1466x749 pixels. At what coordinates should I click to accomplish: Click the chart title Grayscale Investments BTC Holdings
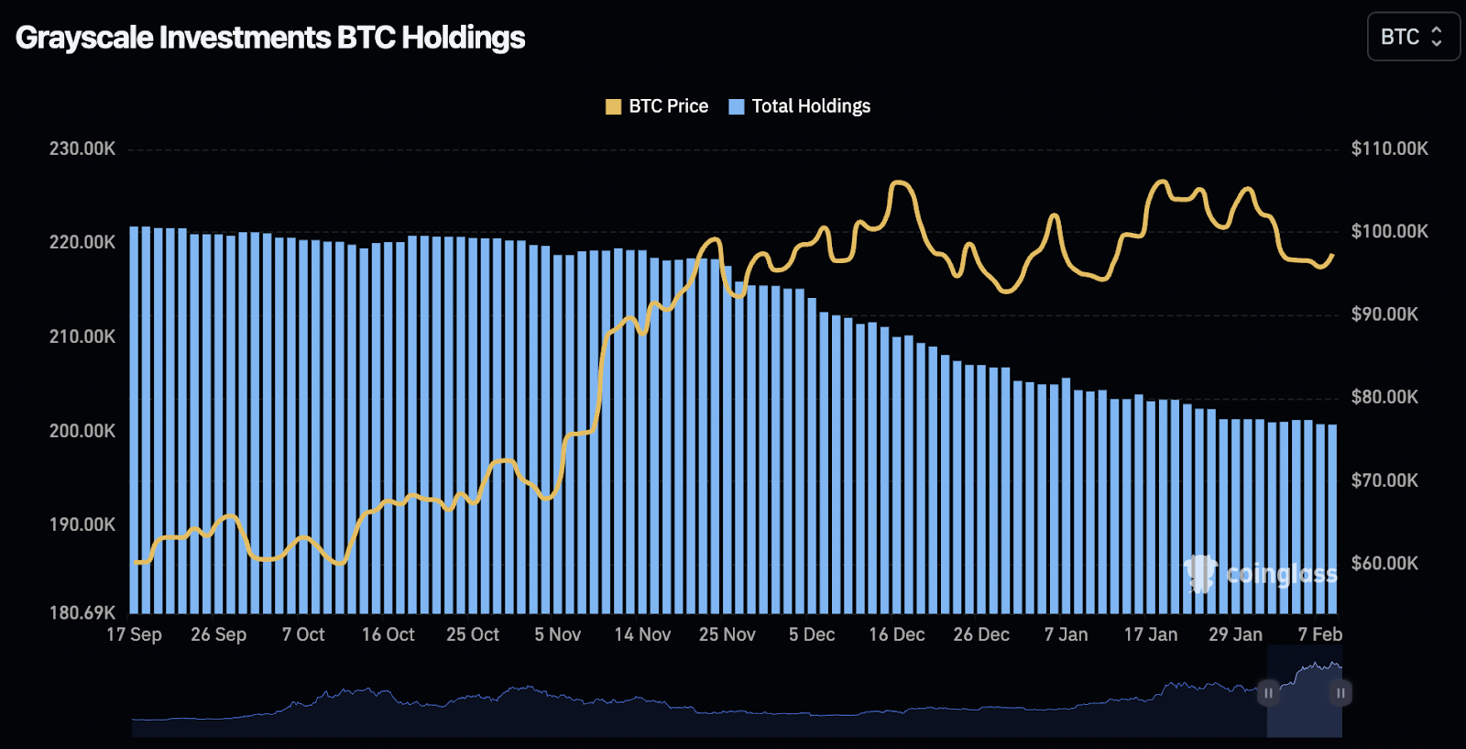point(270,38)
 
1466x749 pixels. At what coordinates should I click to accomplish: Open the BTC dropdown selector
point(1412,37)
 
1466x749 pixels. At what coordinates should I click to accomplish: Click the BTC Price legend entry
point(657,106)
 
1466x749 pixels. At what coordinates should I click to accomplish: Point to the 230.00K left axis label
point(82,149)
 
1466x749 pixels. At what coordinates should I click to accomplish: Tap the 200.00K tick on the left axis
point(82,431)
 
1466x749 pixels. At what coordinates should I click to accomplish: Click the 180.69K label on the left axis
point(82,612)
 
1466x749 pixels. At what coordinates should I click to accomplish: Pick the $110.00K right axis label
point(1389,149)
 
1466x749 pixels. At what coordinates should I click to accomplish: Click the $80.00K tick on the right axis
point(1384,397)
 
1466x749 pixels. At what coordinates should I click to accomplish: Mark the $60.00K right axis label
point(1384,563)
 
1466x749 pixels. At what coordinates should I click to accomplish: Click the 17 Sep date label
point(134,634)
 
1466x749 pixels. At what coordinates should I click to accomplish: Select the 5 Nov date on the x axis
point(557,634)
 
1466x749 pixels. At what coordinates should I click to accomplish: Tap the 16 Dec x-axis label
point(896,634)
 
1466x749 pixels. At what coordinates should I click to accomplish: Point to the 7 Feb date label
point(1319,634)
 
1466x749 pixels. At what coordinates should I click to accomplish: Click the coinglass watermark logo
point(1260,574)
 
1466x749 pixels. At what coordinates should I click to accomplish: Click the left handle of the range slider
point(1268,693)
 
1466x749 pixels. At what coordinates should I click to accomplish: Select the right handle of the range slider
point(1340,693)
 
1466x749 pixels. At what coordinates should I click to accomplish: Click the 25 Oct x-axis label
point(473,634)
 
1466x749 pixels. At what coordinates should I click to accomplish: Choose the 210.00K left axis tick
point(82,336)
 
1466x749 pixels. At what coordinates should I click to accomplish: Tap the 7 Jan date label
point(1066,634)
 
